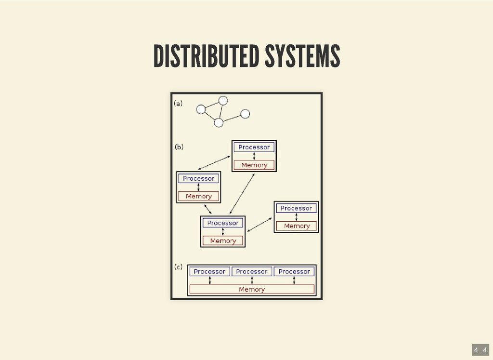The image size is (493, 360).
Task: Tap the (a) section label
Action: (178, 104)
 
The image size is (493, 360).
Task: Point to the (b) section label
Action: (179, 147)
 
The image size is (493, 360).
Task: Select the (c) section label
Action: (178, 267)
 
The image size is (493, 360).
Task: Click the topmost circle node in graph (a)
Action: (222, 100)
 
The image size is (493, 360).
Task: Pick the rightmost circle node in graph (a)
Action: (245, 114)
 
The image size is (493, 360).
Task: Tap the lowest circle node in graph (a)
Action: (219, 123)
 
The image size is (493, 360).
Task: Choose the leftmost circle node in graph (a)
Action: (201, 109)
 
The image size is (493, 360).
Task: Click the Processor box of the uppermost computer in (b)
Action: (254, 147)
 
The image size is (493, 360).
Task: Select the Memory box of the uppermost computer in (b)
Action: (254, 165)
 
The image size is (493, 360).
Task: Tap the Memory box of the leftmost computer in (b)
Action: (198, 196)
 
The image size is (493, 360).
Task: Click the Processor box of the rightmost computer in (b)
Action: (296, 208)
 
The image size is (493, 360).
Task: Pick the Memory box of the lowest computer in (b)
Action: (223, 240)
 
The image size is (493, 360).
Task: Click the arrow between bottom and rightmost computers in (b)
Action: (259, 224)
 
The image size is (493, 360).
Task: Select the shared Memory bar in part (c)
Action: (252, 289)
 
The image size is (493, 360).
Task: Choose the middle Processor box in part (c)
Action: (252, 271)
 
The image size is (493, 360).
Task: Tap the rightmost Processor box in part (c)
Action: (294, 271)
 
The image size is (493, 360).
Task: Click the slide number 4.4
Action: (480, 349)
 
